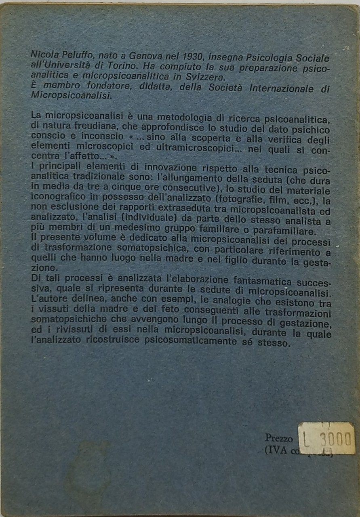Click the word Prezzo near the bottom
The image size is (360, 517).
(x=278, y=437)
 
